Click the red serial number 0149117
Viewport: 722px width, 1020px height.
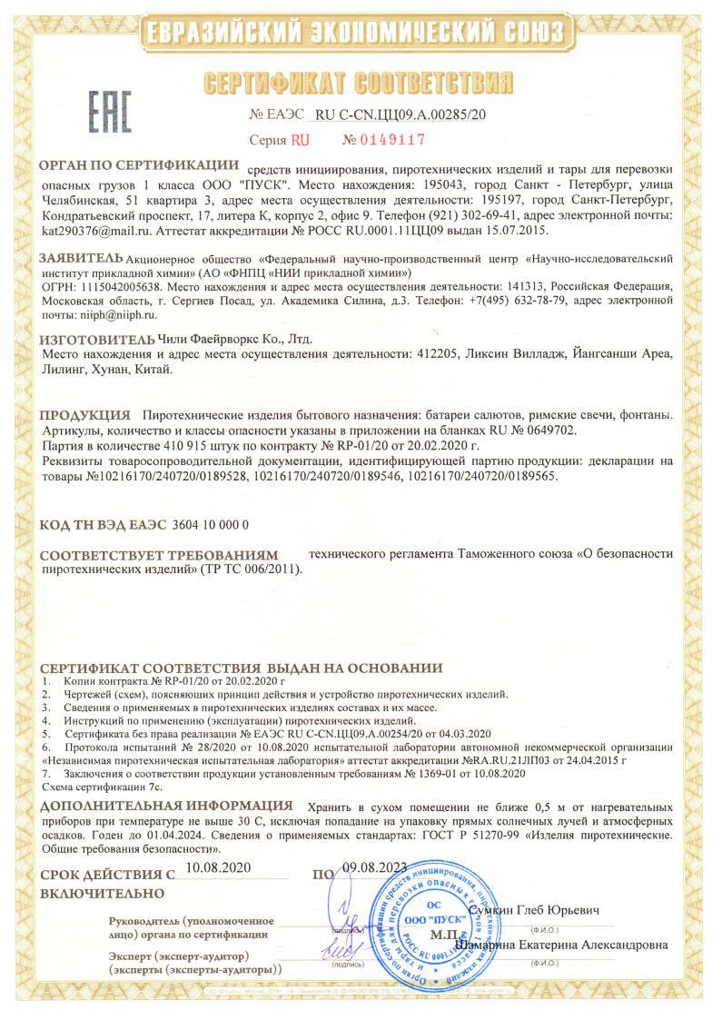click(x=383, y=141)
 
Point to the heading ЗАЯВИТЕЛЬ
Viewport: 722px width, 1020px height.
click(x=79, y=257)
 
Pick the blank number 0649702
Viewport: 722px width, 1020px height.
click(x=549, y=430)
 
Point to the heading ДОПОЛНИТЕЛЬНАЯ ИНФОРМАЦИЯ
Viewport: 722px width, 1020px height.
click(x=167, y=805)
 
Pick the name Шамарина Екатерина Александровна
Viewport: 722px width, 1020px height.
click(x=564, y=945)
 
